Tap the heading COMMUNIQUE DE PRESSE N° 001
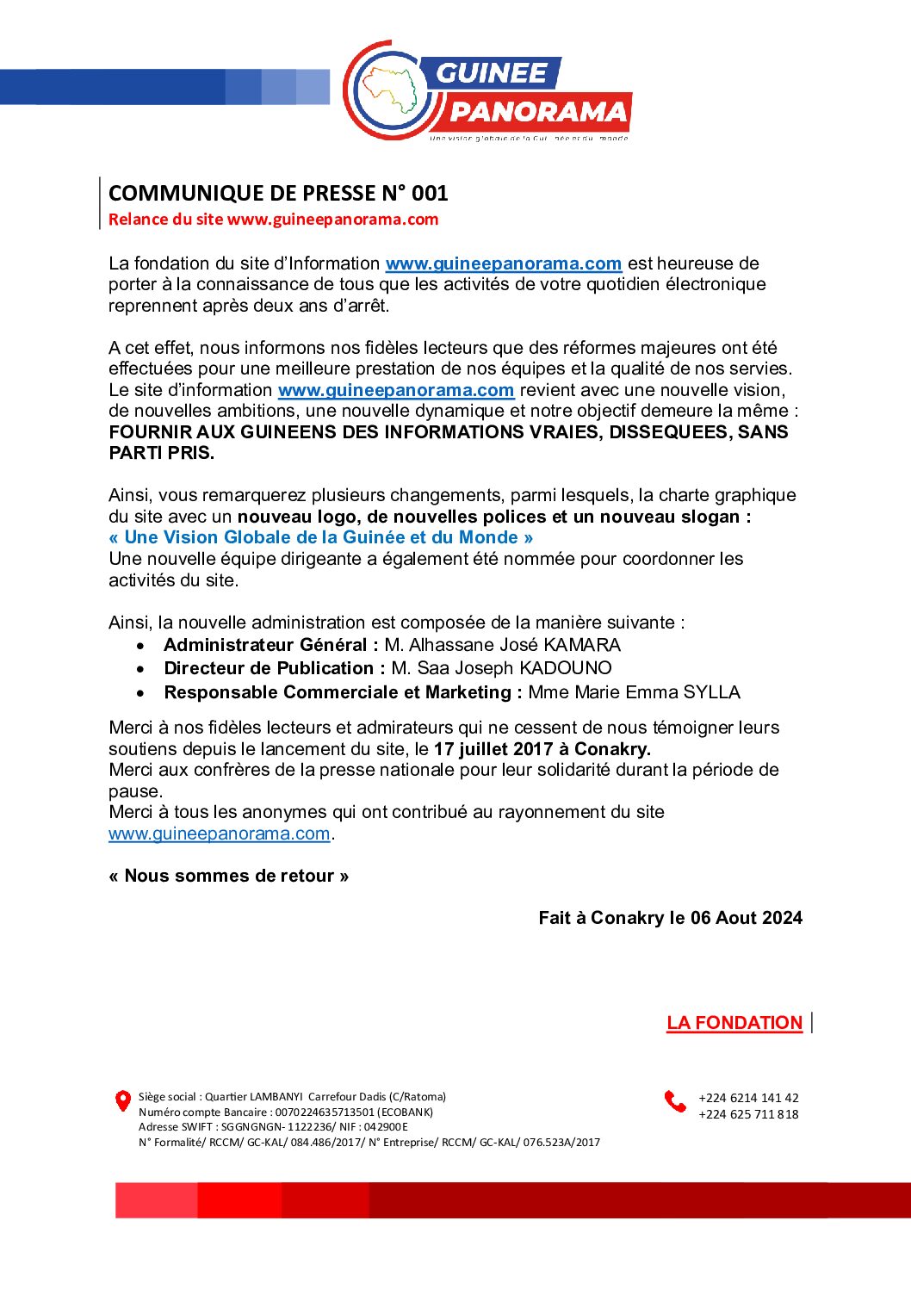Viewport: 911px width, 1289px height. (278, 193)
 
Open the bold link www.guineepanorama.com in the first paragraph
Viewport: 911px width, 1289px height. (504, 263)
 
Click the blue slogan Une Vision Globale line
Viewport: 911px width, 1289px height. (321, 537)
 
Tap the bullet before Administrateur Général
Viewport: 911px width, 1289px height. (141, 646)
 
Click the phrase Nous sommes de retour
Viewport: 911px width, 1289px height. (229, 876)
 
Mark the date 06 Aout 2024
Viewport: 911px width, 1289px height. (747, 918)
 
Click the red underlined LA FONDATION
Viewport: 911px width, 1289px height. (734, 1023)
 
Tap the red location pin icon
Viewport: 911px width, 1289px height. (123, 1100)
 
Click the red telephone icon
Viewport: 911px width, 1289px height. (674, 1101)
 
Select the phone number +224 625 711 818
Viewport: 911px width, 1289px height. (748, 1114)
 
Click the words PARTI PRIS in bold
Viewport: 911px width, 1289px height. (162, 453)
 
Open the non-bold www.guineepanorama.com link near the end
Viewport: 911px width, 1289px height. (220, 834)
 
